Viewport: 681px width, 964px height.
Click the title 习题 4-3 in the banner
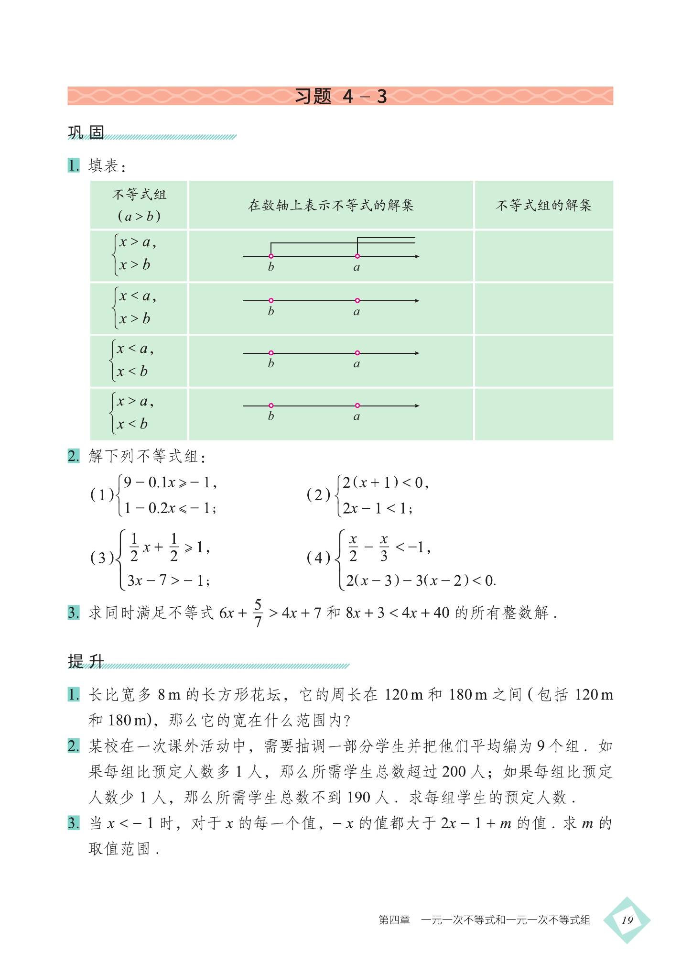[340, 96]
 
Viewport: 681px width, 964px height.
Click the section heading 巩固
[86, 132]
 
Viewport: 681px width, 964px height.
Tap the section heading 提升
[86, 661]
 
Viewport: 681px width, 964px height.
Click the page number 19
[627, 920]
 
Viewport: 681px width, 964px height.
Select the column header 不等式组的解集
[543, 206]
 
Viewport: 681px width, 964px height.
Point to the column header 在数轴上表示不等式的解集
[331, 206]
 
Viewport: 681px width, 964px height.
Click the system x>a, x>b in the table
[137, 254]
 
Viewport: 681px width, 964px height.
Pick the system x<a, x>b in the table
[137, 307]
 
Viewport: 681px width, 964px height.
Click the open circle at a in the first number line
[357, 256]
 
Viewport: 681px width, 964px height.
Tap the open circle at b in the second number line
[271, 301]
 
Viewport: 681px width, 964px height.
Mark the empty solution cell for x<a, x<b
[543, 361]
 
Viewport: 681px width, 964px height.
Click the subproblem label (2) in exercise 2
[318, 495]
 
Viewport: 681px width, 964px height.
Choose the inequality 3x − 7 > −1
[168, 581]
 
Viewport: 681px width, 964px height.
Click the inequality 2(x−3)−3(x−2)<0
[421, 581]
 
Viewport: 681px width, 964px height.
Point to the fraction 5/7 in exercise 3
[258, 613]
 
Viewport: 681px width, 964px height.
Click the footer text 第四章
[394, 920]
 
